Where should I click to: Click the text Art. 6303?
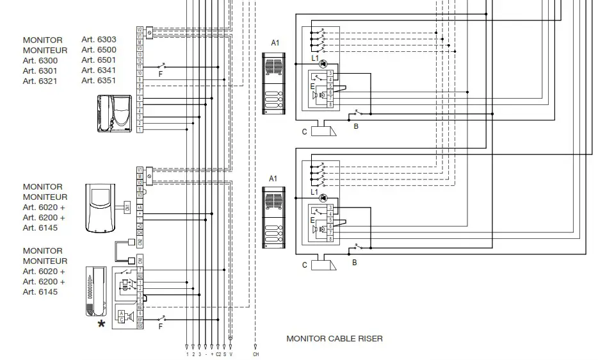coord(99,40)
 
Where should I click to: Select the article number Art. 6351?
coord(99,81)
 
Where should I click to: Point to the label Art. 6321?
coord(40,81)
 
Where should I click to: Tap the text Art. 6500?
coord(99,50)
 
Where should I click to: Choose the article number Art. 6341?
coord(99,70)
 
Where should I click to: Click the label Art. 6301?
coord(40,70)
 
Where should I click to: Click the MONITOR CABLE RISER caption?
coord(334,338)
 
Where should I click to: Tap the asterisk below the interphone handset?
coord(101,325)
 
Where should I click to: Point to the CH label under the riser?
coord(256,354)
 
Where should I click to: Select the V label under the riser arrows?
coord(231,354)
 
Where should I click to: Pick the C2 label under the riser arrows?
coord(218,354)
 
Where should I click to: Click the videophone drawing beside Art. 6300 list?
coord(115,113)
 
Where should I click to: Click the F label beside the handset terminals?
coord(160,326)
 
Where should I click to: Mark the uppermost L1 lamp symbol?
coord(323,64)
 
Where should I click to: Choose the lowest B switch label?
coord(354,263)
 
